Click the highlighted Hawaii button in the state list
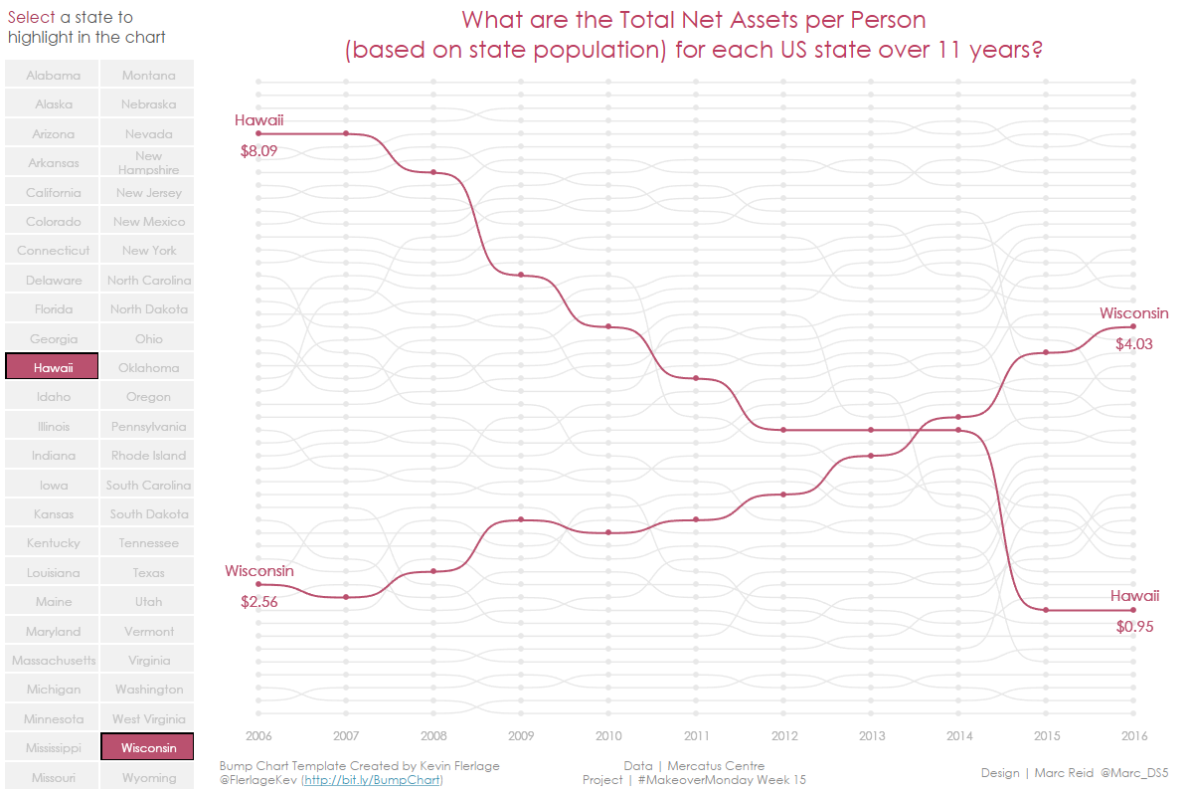53,367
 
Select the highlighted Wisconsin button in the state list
148,747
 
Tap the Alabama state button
53,75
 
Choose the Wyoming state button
148,777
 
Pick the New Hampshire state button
148,162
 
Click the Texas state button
148,572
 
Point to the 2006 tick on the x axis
258,736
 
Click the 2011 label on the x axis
696,736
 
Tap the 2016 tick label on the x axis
1133,736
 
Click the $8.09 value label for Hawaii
258,151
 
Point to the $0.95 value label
1134,627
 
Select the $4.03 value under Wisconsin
1133,344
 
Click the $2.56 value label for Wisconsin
258,601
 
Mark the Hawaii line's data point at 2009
521,275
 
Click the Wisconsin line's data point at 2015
1046,352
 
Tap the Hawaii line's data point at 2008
433,172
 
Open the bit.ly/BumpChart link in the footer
372,780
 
